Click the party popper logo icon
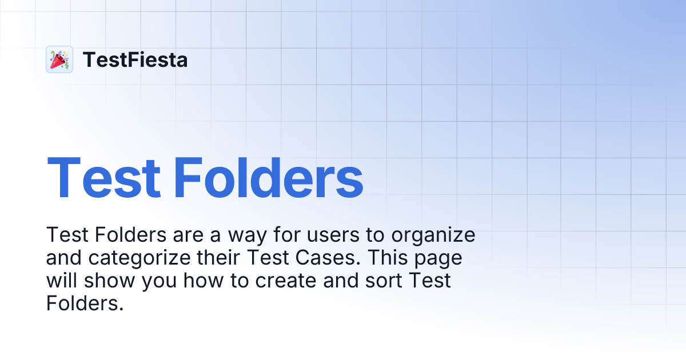click(x=59, y=59)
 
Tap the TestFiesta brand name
click(x=135, y=59)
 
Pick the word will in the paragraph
click(x=61, y=281)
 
